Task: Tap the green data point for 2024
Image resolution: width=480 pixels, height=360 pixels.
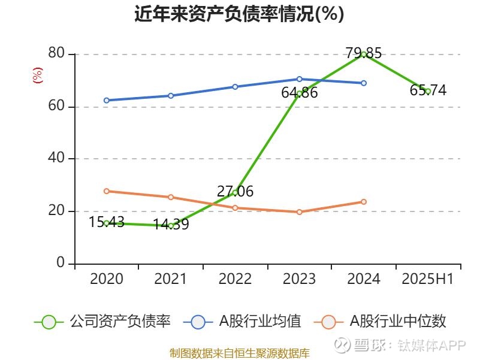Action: point(364,55)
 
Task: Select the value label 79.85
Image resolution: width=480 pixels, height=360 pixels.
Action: point(364,53)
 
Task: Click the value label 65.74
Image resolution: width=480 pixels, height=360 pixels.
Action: point(428,90)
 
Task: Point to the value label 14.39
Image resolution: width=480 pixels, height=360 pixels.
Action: point(171,225)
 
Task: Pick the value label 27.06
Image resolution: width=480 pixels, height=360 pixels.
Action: point(235,192)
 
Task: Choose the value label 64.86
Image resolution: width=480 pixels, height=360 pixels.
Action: point(299,93)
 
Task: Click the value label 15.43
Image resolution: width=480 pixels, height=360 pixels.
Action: point(107,222)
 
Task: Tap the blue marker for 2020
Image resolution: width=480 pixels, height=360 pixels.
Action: point(107,100)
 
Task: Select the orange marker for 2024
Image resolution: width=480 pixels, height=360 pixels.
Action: point(364,202)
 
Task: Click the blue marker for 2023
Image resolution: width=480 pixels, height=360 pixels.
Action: point(299,79)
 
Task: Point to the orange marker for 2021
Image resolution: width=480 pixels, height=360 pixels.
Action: point(171,197)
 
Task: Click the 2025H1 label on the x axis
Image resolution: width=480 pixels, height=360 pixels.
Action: point(428,279)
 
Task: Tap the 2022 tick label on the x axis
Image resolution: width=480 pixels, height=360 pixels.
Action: point(235,279)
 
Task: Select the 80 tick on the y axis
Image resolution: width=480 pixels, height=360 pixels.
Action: point(57,54)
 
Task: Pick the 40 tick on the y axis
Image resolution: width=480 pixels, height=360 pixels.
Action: point(57,159)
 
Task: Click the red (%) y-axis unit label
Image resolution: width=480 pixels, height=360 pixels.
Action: point(38,75)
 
